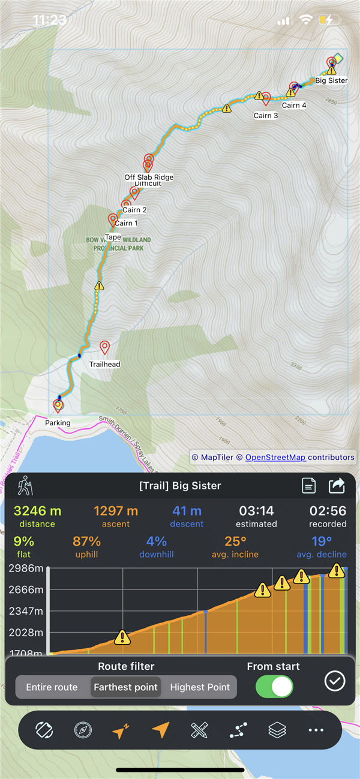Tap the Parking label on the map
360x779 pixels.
(58, 423)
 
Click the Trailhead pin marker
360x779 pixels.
(105, 347)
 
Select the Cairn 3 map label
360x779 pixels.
(265, 116)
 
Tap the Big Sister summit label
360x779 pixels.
(331, 80)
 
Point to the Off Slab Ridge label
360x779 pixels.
(149, 177)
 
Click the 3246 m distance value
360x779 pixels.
(38, 511)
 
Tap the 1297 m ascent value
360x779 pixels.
(116, 511)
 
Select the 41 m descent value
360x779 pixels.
(187, 511)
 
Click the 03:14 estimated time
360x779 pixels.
(256, 511)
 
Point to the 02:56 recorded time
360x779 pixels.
(328, 511)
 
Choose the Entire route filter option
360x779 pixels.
(52, 687)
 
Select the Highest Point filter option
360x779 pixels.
(200, 687)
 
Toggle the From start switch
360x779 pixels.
(274, 687)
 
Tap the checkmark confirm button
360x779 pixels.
(335, 680)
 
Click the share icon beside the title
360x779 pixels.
(337, 486)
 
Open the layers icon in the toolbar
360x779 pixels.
(277, 730)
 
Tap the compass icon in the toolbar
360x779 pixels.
(83, 730)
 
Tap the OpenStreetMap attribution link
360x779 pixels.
(275, 457)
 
